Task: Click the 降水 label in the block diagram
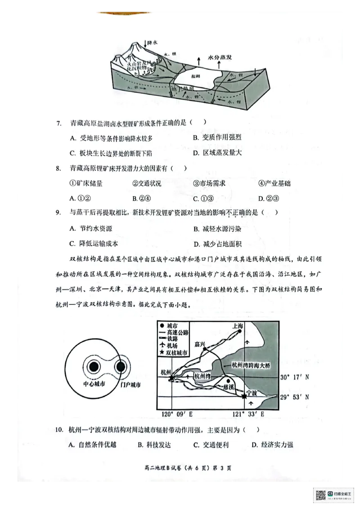153,43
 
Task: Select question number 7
58,123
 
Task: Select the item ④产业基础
274,183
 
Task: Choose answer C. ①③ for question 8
202,198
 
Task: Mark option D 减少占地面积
218,244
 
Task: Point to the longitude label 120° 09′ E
175,414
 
